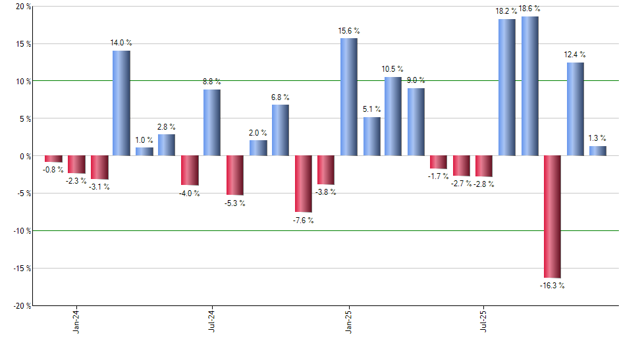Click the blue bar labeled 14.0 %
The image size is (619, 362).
coord(121,103)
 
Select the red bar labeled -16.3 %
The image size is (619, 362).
coord(552,217)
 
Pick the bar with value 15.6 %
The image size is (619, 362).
coord(348,97)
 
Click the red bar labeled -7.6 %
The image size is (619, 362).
coord(303,184)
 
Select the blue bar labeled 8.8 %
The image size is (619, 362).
coord(212,122)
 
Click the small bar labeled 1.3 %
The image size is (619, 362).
coord(598,151)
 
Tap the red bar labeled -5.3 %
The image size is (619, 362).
coord(235,176)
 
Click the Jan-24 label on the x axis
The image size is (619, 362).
coord(76,320)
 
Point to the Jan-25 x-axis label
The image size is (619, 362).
coord(348,320)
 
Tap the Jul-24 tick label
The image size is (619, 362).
coord(212,320)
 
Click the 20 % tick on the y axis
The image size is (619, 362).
coord(23,7)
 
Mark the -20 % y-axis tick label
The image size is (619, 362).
coord(21,306)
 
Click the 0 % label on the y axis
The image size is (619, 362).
coord(25,157)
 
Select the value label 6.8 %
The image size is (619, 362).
coord(281,97)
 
